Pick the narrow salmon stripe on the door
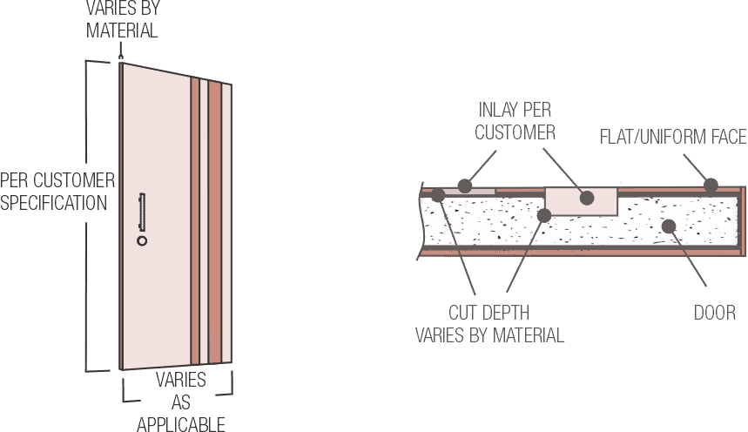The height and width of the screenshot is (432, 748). pyautogui.click(x=196, y=222)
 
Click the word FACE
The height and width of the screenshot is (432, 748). pyautogui.click(x=726, y=137)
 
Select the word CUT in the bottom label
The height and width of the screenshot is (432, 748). pyautogui.click(x=463, y=313)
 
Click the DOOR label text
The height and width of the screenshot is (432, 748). pyautogui.click(x=715, y=313)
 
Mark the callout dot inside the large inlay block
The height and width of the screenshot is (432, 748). pyautogui.click(x=587, y=198)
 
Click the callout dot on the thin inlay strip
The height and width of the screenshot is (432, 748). pyautogui.click(x=466, y=186)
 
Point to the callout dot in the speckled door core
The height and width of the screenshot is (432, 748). pyautogui.click(x=668, y=226)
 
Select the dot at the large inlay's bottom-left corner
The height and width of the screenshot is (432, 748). pyautogui.click(x=545, y=213)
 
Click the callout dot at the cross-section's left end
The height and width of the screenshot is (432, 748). pyautogui.click(x=437, y=193)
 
